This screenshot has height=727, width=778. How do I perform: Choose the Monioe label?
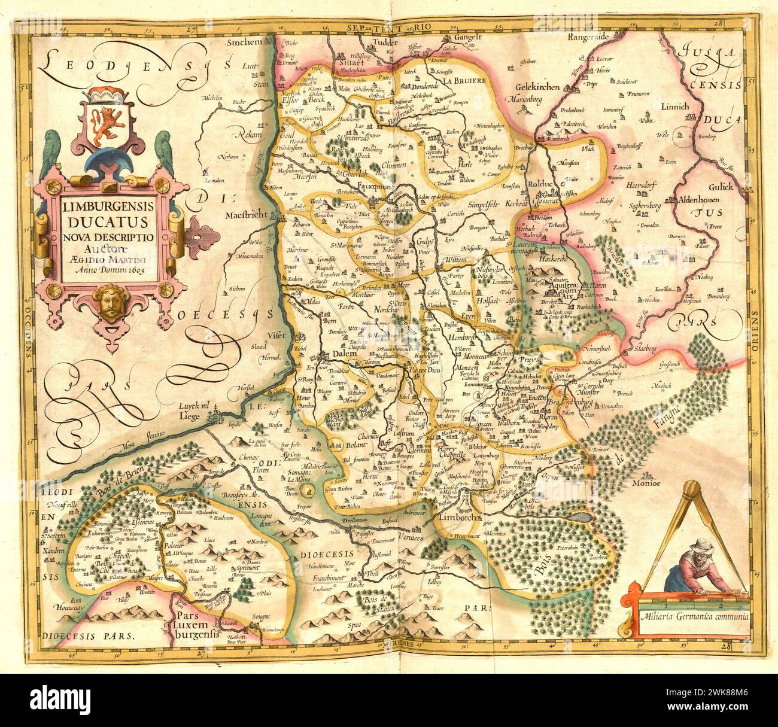point(648,483)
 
